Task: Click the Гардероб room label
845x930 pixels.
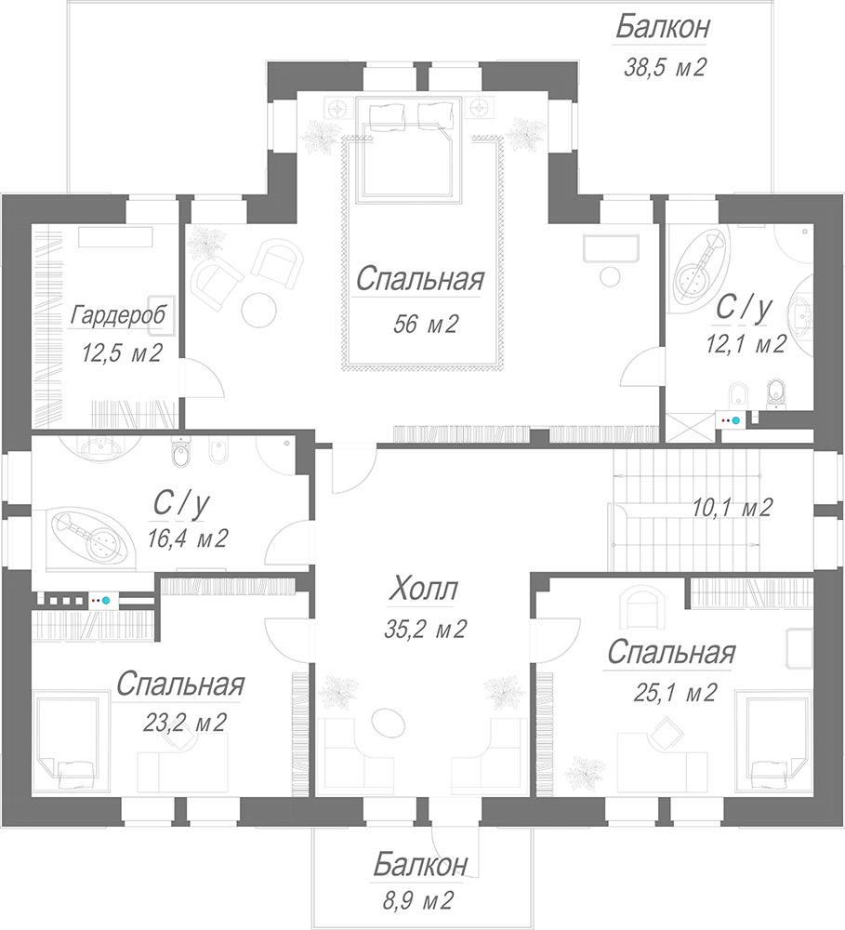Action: click(117, 315)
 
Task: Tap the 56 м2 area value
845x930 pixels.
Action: click(425, 324)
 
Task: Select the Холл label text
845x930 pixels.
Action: click(423, 590)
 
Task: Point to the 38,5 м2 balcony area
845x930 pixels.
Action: click(665, 67)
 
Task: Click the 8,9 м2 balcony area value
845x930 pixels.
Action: click(417, 901)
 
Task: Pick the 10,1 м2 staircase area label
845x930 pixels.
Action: click(732, 508)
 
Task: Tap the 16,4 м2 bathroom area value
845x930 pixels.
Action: click(188, 538)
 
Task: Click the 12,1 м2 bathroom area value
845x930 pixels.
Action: click(746, 343)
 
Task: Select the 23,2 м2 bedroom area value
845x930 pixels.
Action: click(184, 723)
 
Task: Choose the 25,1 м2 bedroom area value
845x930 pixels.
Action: click(675, 692)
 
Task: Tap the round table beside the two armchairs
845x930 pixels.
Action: click(258, 309)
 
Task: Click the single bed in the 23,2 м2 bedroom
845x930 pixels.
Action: click(71, 740)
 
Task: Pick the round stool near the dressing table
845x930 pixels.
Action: click(610, 276)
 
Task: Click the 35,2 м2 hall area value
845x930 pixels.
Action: click(425, 629)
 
